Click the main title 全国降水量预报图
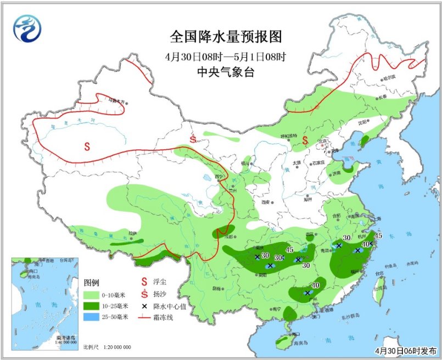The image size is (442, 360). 226,37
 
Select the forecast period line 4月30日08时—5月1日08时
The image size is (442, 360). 226,57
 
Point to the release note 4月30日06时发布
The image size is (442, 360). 404,350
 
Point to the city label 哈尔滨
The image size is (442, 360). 389,78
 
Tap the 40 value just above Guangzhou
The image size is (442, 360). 316,285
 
